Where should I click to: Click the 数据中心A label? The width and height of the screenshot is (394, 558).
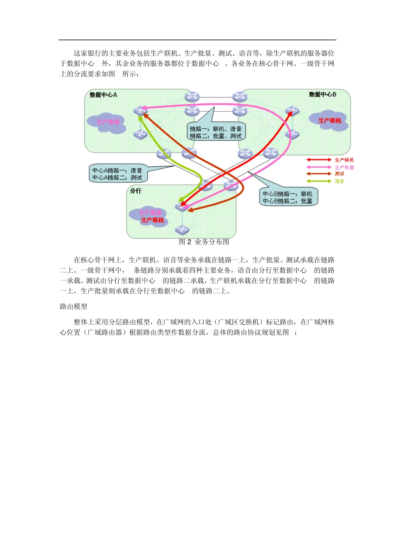tap(103, 95)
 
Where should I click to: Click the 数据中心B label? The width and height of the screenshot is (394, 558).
tap(322, 95)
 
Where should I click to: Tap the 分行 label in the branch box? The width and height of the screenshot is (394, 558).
tap(136, 191)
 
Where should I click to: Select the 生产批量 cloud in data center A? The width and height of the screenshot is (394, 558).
tap(107, 122)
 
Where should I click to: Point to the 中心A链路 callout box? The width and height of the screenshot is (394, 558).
tap(118, 174)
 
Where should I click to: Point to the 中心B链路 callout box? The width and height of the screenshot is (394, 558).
tap(288, 197)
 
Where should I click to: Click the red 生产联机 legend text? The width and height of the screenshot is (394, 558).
tap(344, 160)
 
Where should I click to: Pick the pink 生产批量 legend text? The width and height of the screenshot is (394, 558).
tap(344, 167)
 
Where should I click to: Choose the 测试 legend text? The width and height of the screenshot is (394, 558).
tap(340, 174)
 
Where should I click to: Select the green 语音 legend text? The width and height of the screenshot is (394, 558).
tap(340, 181)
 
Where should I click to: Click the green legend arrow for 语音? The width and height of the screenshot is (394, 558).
tap(319, 181)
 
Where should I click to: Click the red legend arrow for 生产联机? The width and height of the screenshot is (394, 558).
tap(319, 160)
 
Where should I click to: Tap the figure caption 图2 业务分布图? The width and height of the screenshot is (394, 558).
tap(204, 242)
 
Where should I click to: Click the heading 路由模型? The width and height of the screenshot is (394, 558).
tap(73, 307)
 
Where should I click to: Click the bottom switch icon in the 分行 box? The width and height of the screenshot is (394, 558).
tap(182, 229)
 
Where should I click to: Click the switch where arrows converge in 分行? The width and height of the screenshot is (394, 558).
tap(182, 206)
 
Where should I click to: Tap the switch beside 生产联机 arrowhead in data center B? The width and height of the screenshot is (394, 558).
tap(292, 111)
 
